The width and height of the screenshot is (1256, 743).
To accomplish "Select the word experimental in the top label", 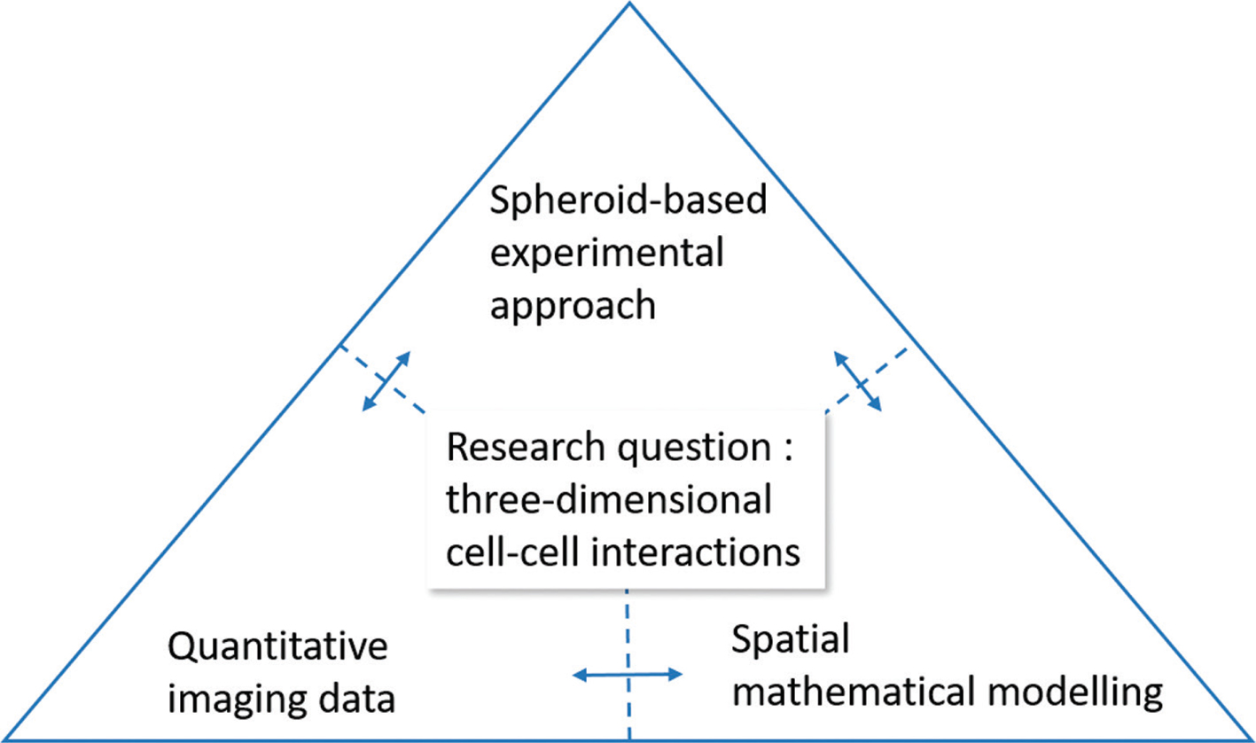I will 607,255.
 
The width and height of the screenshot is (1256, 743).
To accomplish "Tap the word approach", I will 573,307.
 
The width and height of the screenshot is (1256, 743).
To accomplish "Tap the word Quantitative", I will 277,647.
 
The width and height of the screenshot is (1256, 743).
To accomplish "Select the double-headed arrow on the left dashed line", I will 386,381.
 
